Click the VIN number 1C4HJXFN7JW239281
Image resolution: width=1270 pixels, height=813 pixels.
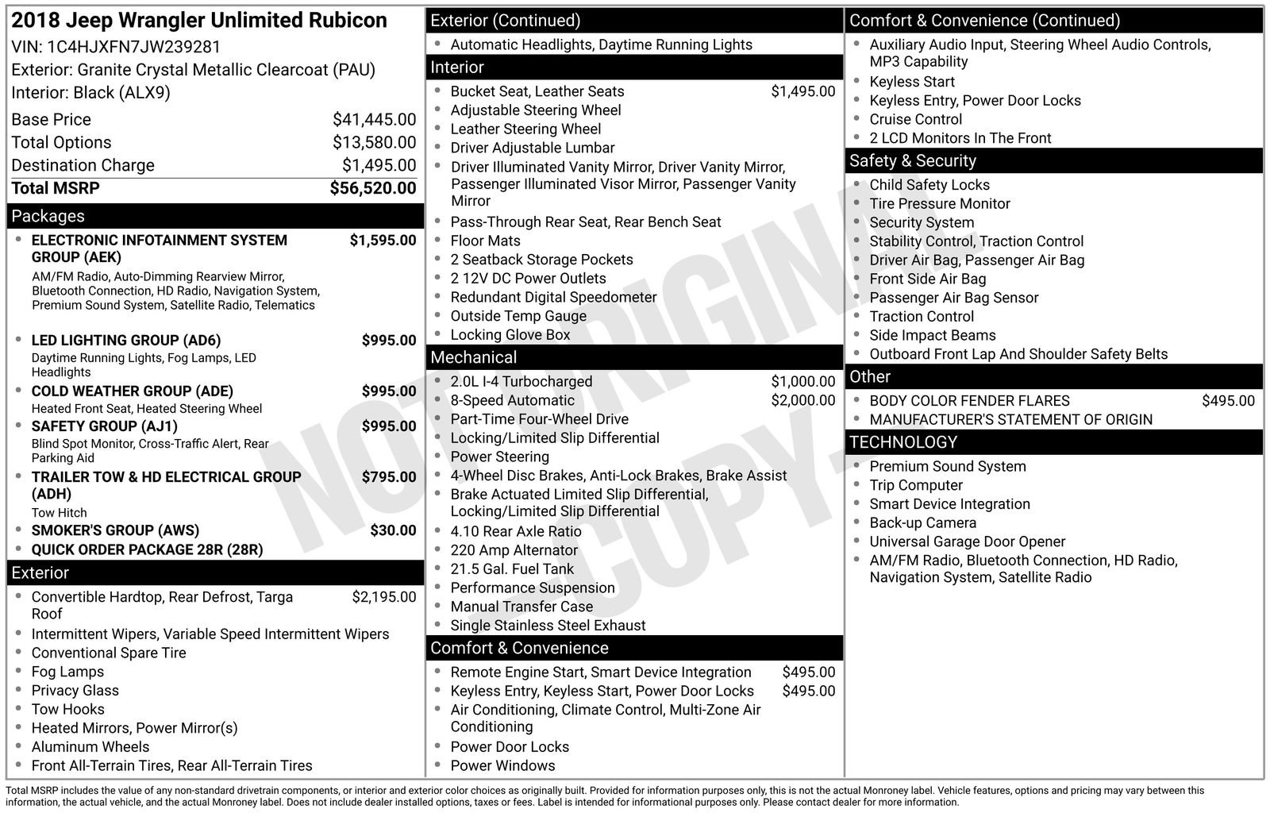point(133,47)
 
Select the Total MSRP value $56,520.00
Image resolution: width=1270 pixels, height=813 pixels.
point(372,188)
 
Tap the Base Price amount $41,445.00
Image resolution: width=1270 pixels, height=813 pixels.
point(374,120)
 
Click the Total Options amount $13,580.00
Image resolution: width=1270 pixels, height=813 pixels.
point(374,143)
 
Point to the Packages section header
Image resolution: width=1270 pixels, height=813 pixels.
point(48,216)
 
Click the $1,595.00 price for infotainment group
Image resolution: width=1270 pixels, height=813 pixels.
point(383,241)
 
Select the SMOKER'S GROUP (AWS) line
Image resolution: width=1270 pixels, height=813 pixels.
point(115,530)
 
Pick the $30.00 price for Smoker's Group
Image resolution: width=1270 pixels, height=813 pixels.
point(393,530)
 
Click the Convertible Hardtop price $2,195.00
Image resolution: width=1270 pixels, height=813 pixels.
point(383,597)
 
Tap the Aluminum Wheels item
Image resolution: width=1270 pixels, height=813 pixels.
point(90,747)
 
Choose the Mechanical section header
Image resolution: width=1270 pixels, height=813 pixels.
point(473,357)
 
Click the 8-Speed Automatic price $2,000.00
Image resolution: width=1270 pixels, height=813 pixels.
point(802,401)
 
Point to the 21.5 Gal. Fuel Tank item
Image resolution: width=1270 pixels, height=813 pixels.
point(512,569)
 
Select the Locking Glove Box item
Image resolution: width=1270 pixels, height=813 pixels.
point(510,335)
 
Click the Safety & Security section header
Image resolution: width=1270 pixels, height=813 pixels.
point(912,161)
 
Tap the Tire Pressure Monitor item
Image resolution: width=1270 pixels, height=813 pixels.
point(940,204)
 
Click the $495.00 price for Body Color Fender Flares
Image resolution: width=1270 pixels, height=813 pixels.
point(1228,401)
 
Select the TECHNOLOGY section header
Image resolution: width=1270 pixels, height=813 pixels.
point(903,442)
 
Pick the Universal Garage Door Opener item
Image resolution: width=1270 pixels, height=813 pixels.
point(967,541)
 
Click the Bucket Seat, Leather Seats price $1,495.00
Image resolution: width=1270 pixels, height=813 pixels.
point(802,91)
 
